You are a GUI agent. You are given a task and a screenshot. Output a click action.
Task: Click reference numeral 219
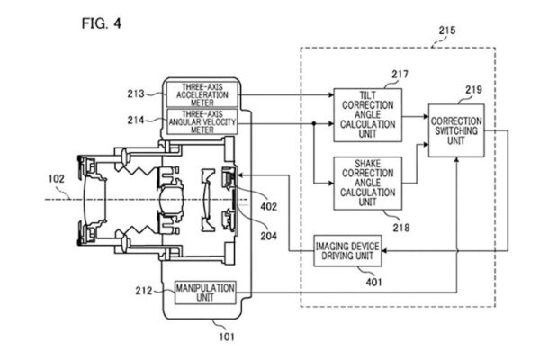[x=475, y=90]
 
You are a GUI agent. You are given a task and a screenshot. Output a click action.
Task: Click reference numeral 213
[x=138, y=92]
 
